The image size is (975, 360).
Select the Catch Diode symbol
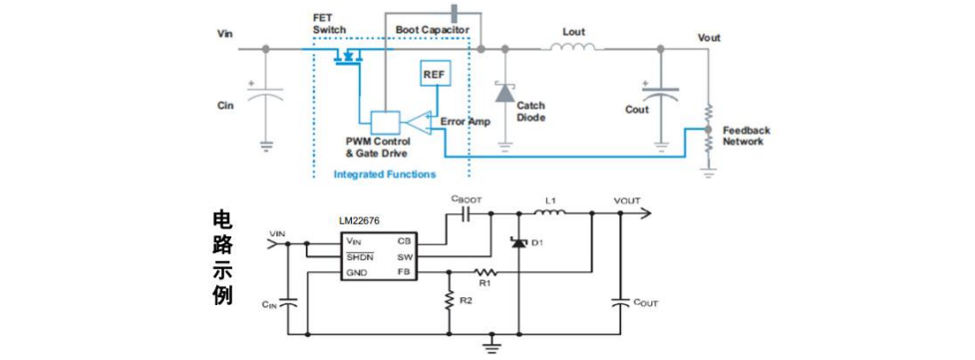(x=503, y=93)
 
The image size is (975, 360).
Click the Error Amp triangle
(x=416, y=122)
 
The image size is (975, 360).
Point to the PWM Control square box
(x=385, y=122)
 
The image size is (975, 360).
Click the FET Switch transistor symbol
(x=347, y=56)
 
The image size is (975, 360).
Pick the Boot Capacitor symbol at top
(x=454, y=12)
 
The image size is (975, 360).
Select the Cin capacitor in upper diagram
(x=266, y=94)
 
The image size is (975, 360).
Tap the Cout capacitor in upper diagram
(x=660, y=94)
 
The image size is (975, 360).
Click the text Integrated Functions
(x=385, y=175)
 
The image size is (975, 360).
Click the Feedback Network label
(x=746, y=136)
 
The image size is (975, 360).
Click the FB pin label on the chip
(x=402, y=272)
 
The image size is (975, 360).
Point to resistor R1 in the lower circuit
(x=486, y=272)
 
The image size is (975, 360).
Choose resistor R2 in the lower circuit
(x=449, y=300)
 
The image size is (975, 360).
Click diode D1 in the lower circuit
(x=518, y=242)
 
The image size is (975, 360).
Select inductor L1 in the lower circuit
(x=549, y=213)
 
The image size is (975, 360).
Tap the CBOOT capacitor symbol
(x=467, y=213)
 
